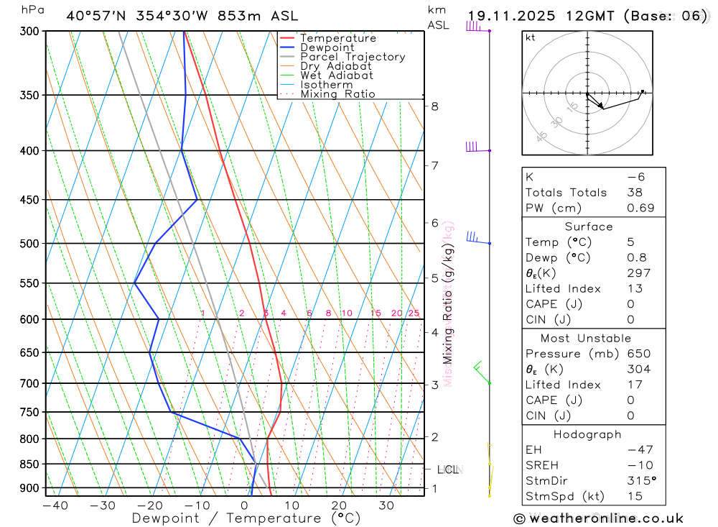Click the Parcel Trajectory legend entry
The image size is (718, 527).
point(353,57)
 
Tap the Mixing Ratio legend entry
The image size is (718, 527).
point(337,94)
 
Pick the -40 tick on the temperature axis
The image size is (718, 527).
point(55,505)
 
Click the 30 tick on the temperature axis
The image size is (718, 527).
point(386,505)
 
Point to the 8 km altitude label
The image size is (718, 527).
point(434,106)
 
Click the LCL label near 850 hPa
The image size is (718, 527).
point(448,470)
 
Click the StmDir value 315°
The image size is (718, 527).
point(640,481)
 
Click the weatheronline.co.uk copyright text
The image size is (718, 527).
point(598,518)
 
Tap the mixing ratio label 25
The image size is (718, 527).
point(414,313)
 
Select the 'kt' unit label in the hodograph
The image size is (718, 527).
point(531,38)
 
